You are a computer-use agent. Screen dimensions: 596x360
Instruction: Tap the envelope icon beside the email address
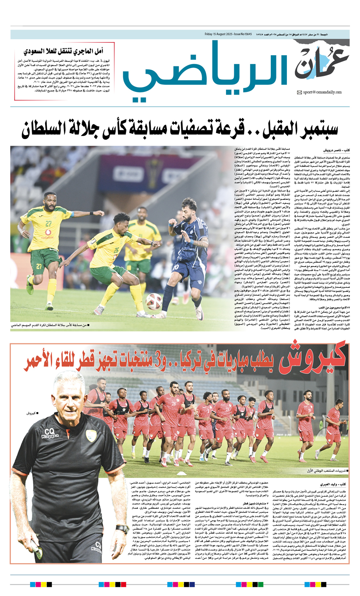pos(299,93)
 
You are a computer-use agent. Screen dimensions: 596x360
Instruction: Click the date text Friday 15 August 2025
pos(218,34)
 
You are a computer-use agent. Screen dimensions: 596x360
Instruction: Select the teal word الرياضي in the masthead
pos(204,72)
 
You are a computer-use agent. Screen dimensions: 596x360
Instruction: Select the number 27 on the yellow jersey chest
pos(48,224)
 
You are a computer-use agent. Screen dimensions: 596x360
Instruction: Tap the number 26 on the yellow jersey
pos(116,251)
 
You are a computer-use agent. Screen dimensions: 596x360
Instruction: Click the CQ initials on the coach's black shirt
pos(50,431)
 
